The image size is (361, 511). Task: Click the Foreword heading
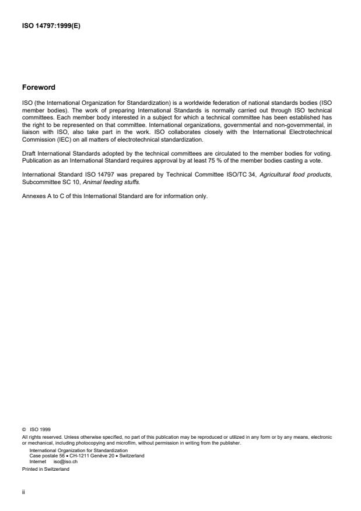tap(38, 87)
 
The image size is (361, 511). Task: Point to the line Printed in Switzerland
tap(45, 465)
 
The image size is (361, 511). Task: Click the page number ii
tap(23, 493)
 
